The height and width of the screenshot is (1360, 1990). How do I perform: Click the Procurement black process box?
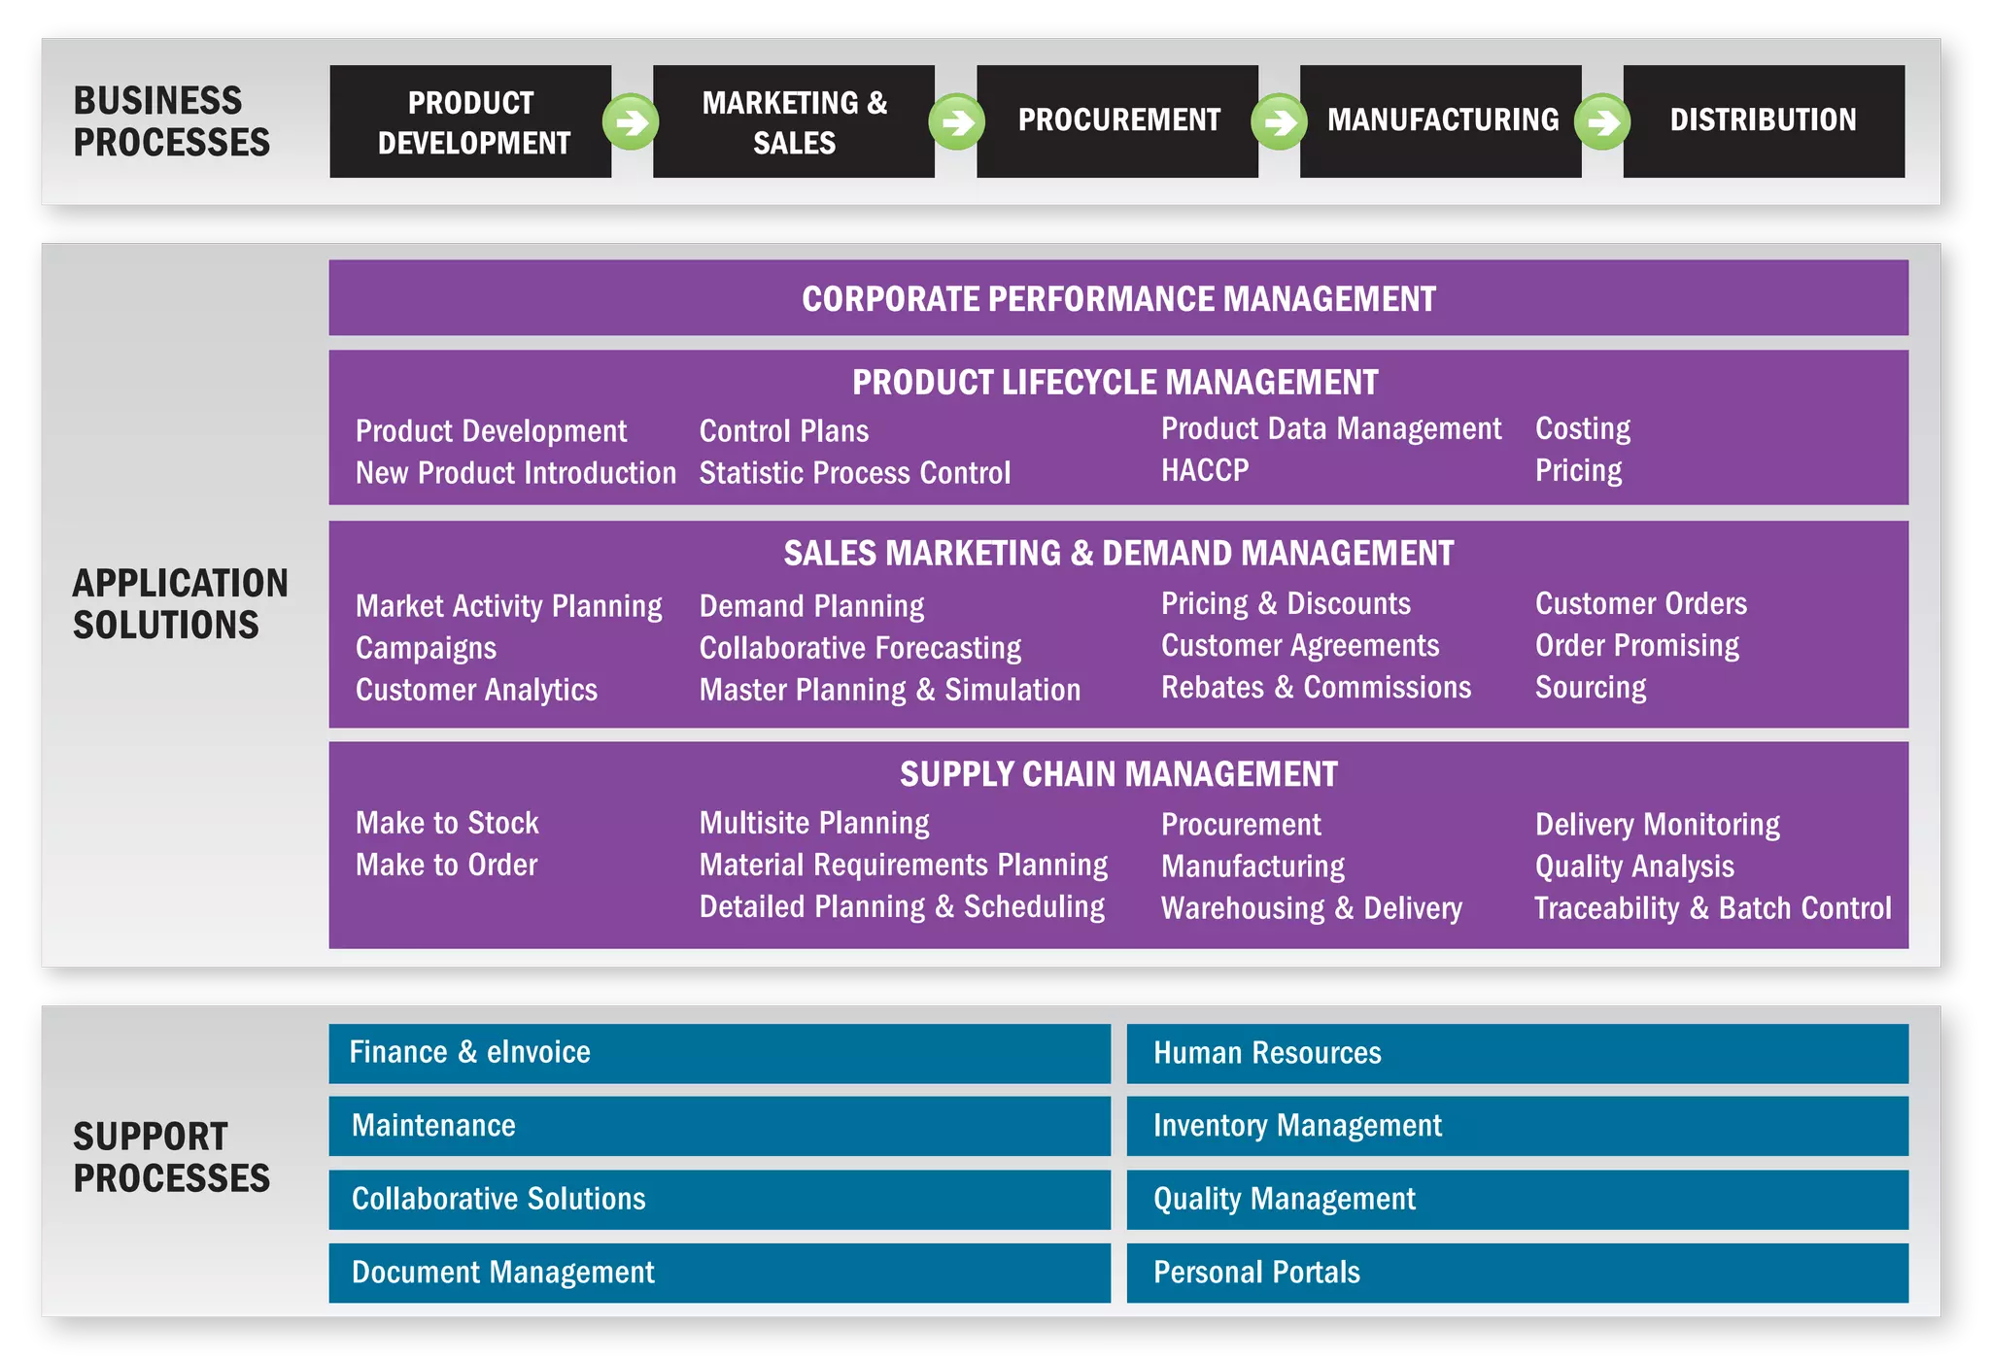tap(1117, 120)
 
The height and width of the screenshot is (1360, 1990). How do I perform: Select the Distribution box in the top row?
tap(1763, 120)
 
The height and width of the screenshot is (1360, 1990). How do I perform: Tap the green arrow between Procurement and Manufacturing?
tap(1279, 122)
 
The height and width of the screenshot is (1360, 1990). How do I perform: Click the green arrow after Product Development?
tap(631, 122)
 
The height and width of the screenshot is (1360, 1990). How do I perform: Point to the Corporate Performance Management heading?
tap(1118, 298)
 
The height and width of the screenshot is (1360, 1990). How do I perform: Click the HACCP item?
tap(1205, 470)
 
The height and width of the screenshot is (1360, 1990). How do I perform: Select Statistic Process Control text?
tap(855, 473)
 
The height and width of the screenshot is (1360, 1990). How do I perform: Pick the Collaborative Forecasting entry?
tap(860, 648)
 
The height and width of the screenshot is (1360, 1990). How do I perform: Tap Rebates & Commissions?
tap(1316, 688)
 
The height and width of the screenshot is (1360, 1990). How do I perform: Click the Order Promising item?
tap(1636, 646)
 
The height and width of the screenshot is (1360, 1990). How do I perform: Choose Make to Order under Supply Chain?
tap(446, 865)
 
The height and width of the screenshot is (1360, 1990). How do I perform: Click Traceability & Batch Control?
tap(1712, 908)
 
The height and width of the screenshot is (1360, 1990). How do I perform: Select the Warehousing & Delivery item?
tap(1311, 908)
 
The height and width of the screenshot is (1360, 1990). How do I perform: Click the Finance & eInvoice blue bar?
tap(719, 1053)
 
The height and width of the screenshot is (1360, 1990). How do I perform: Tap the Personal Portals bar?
tap(1517, 1273)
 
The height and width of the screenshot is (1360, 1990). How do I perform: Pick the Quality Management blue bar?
tap(1517, 1200)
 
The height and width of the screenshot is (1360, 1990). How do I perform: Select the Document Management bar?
tap(719, 1273)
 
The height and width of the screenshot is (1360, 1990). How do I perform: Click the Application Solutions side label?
tap(180, 604)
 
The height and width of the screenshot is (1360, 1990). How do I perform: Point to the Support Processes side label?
tap(171, 1157)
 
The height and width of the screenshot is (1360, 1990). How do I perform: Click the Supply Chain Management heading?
tap(1118, 774)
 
